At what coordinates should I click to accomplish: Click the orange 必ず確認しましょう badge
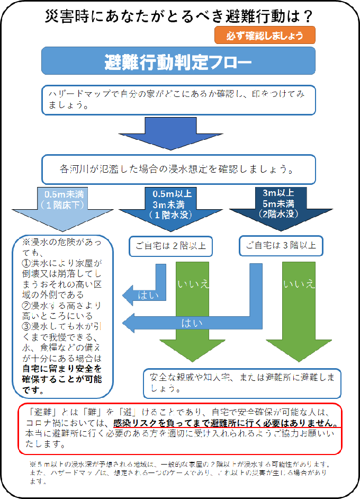point(265,36)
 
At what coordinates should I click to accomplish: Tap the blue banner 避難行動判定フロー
point(178,61)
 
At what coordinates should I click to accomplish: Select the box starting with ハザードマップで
point(178,100)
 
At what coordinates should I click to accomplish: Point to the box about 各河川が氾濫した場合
point(178,170)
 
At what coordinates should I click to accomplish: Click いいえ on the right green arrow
point(299,285)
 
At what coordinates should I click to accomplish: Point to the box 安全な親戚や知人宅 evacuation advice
point(242,383)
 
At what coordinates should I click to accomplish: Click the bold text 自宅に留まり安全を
point(62,368)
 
